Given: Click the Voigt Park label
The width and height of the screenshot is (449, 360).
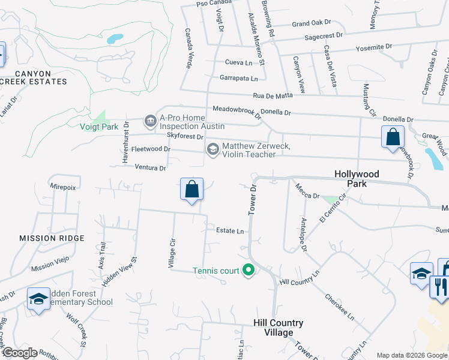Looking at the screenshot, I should (99, 127).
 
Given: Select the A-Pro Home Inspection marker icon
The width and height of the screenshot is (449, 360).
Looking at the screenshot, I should (150, 122).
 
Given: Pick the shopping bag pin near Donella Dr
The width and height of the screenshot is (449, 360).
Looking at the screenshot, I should (392, 137).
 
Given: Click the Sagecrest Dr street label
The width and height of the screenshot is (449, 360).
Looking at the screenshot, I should (323, 36).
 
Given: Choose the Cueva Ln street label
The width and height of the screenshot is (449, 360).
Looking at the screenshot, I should (238, 62).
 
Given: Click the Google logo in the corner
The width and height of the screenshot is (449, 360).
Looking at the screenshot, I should (20, 353).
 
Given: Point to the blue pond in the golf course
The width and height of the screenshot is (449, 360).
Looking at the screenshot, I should (114, 39).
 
